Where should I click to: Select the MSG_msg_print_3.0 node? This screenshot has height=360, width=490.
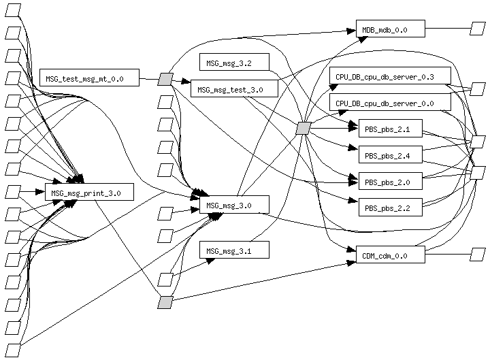click(x=88, y=192)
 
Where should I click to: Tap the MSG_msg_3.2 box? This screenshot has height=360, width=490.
click(x=234, y=62)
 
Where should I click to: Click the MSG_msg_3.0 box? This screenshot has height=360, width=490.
click(x=234, y=204)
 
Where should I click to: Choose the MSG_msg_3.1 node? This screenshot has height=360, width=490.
click(x=234, y=250)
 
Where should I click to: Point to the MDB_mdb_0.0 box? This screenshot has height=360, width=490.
click(x=390, y=29)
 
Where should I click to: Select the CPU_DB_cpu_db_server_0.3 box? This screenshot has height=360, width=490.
click(x=390, y=76)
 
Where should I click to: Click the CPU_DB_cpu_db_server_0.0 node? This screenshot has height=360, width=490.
click(x=390, y=103)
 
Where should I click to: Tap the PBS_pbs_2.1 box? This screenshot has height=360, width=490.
click(x=390, y=128)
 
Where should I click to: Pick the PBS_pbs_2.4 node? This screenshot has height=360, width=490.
click(x=390, y=154)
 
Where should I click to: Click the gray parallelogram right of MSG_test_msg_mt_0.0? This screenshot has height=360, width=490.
click(x=165, y=79)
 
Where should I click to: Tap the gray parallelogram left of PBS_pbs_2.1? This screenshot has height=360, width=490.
click(x=304, y=128)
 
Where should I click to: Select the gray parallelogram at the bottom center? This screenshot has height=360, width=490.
click(x=165, y=302)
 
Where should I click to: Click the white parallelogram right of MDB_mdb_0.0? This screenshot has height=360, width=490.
click(x=478, y=29)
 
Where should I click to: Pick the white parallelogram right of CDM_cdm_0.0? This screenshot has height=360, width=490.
click(x=478, y=255)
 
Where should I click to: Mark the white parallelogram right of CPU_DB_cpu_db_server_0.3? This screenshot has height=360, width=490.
click(x=478, y=88)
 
